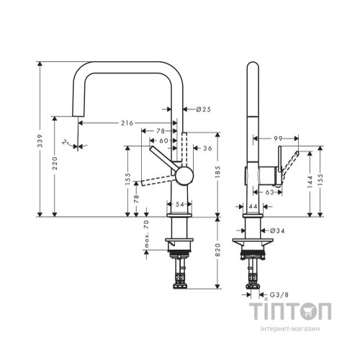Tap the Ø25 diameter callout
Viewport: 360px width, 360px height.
pyautogui.click(x=202, y=109)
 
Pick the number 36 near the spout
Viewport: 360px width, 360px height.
pyautogui.click(x=207, y=148)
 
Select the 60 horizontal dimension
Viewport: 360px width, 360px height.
pyautogui.click(x=163, y=140)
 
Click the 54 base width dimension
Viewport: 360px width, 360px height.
pyautogui.click(x=180, y=206)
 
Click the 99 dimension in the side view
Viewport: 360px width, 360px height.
pyautogui.click(x=277, y=137)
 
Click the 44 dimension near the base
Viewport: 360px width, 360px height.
pyautogui.click(x=253, y=207)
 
